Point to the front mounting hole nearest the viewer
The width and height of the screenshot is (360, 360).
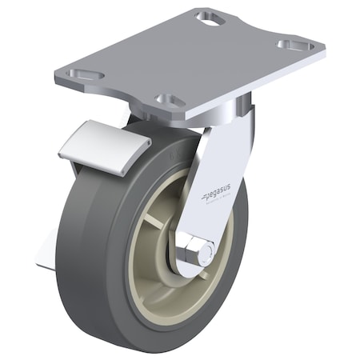point(169,101)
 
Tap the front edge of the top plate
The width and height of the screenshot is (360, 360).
point(120,94)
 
